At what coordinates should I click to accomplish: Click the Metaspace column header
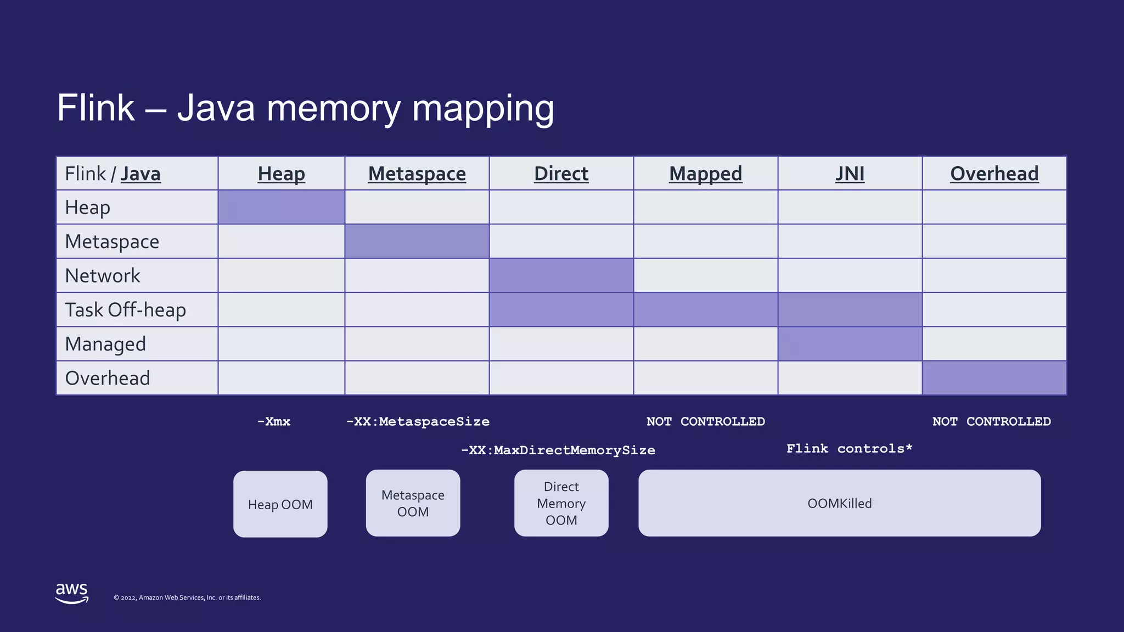417,174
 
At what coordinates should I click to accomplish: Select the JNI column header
850,174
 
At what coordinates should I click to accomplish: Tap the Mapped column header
705,174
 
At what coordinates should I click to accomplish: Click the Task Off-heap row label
126,310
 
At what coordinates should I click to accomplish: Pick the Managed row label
105,344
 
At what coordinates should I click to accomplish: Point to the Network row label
103,275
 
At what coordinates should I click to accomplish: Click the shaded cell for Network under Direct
561,275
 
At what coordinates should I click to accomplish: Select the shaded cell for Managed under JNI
850,344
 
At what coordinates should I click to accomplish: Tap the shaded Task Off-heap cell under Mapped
705,310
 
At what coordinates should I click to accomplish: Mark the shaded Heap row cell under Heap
281,207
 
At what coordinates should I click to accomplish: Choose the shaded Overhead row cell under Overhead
994,378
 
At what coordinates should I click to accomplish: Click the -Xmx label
274,422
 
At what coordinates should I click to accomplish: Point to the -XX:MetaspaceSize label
418,422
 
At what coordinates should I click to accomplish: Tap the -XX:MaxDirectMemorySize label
558,450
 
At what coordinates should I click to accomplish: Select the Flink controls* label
849,449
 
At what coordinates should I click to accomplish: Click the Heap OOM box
280,504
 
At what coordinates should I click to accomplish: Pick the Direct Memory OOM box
561,503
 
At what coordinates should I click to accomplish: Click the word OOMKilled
839,504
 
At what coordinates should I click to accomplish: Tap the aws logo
72,593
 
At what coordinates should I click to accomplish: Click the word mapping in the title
483,108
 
